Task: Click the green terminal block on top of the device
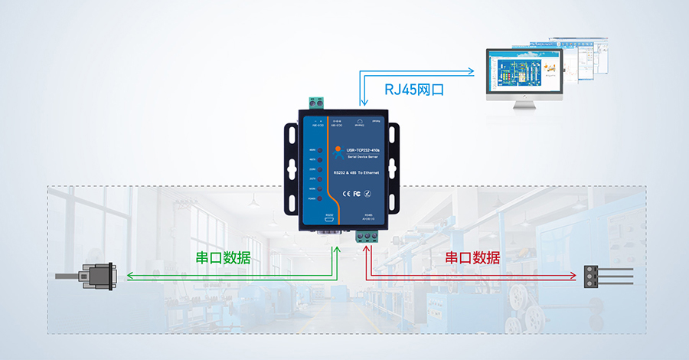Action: tap(316, 103)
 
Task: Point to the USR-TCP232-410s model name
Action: tap(365, 151)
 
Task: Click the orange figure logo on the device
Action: tap(338, 151)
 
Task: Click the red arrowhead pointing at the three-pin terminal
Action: tap(573, 276)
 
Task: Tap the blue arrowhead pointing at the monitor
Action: tap(473, 73)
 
